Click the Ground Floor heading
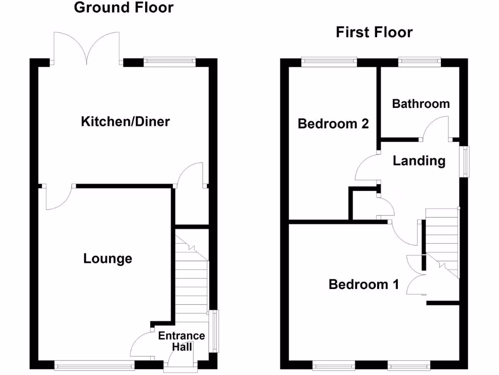tap(123, 8)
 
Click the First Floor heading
tap(374, 33)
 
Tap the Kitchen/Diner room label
tap(125, 121)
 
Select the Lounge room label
tap(108, 258)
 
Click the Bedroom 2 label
tap(333, 124)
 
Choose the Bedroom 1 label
tap(364, 284)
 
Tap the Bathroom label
tap(421, 104)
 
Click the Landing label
tap(419, 161)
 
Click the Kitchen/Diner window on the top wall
tap(170, 62)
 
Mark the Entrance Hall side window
tap(213, 331)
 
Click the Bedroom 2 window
tap(329, 62)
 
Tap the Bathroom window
tap(420, 62)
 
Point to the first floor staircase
tap(442, 242)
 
